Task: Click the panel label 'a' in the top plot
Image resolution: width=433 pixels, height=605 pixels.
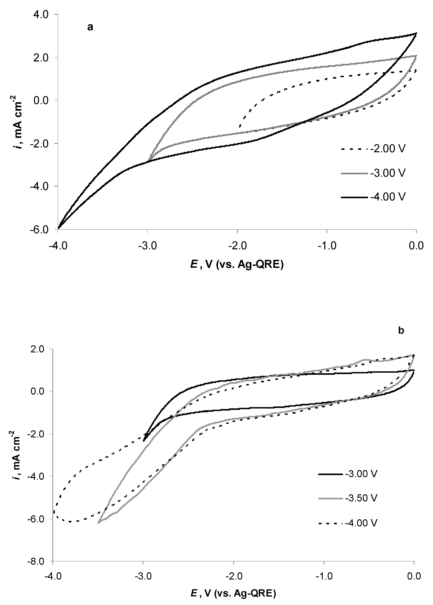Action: point(90,27)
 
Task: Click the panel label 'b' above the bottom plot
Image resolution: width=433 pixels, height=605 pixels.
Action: point(401,331)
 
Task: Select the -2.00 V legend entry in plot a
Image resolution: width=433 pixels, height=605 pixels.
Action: point(388,149)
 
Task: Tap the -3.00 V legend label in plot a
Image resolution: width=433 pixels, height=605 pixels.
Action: point(388,173)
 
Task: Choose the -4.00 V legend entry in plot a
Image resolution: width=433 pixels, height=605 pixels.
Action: point(388,197)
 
